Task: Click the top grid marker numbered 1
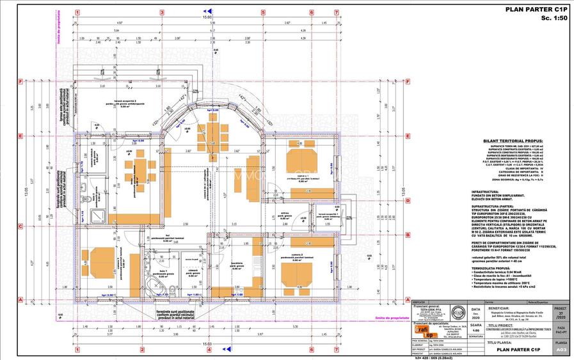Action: pos(77,12)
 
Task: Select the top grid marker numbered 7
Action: pos(337,12)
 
